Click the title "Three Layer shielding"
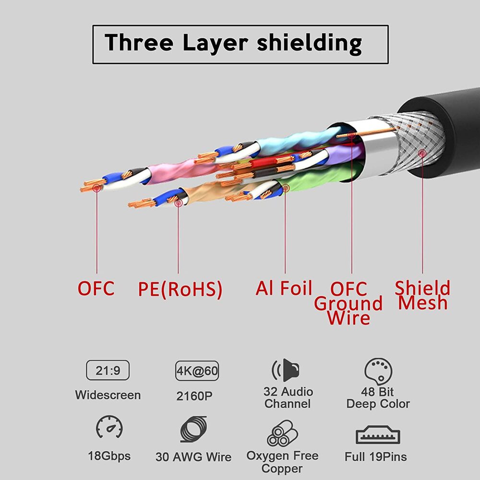(x=233, y=43)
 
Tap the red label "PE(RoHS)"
(x=180, y=289)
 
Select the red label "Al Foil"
(x=284, y=288)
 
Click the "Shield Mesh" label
(x=422, y=295)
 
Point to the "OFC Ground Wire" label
(x=348, y=303)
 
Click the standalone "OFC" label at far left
(x=96, y=288)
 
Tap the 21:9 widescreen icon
(x=108, y=370)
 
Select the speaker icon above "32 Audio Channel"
(x=287, y=370)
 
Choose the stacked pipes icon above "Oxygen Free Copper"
(x=282, y=433)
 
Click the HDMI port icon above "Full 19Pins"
(x=378, y=434)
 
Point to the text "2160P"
(x=194, y=396)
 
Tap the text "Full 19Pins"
(x=376, y=456)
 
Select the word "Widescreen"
(x=108, y=395)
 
